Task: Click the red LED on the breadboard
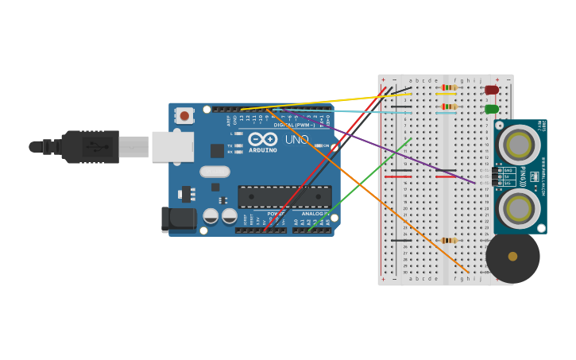tap(492, 90)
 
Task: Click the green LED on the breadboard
tap(492, 109)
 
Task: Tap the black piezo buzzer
tap(512, 256)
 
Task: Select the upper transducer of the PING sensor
tap(519, 145)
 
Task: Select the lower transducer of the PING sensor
tap(519, 209)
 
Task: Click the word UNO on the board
tap(296, 140)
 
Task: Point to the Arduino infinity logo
tap(263, 138)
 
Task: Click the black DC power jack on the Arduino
tap(179, 219)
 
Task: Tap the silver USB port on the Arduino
tap(172, 147)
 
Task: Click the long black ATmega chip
tap(284, 196)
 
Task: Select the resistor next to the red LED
tap(449, 87)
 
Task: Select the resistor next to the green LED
tap(449, 106)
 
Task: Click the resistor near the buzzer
tap(449, 240)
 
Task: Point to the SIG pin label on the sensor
tap(508, 183)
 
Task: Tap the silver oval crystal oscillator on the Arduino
tap(215, 171)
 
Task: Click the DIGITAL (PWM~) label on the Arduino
tap(294, 125)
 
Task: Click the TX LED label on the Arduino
tap(230, 145)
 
